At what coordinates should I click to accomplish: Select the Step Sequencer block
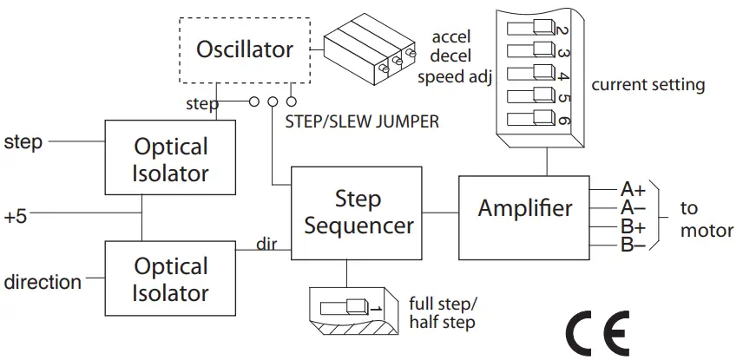(357, 213)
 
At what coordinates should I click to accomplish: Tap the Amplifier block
(524, 218)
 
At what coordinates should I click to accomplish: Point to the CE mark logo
(598, 333)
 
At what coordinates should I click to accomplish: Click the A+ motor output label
(633, 190)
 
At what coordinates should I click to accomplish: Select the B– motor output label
(633, 245)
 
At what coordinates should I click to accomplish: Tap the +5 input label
(16, 218)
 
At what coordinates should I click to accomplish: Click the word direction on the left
(43, 282)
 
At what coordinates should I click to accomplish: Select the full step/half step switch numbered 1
(344, 307)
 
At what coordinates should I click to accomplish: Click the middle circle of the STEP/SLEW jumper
(273, 101)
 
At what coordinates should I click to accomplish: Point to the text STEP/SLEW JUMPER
(362, 121)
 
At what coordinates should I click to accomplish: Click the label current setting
(648, 85)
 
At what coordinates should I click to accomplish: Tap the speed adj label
(454, 75)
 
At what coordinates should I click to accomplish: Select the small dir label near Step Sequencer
(266, 244)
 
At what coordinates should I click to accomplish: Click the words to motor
(700, 219)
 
